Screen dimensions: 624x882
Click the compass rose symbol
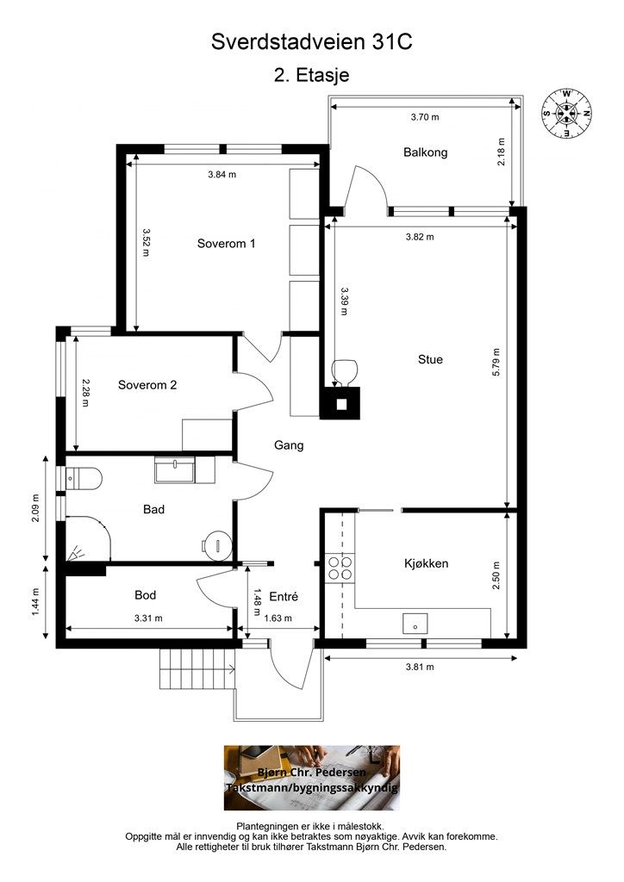point(566,113)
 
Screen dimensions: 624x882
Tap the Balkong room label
point(426,152)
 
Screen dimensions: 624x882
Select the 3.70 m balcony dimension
point(425,117)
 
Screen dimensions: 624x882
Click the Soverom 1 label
point(226,244)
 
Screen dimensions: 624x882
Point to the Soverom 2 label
point(147,385)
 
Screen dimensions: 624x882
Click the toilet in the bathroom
point(84,479)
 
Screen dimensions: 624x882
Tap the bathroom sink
point(175,470)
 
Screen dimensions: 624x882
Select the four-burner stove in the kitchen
point(340,568)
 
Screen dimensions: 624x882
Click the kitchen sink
point(415,624)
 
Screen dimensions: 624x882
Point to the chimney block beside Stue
point(340,403)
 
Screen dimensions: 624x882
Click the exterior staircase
point(197,668)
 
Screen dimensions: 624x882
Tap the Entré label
point(284,597)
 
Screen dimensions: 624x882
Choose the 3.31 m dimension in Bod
point(148,618)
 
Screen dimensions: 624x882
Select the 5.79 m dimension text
point(496,363)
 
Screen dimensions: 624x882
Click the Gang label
point(289,445)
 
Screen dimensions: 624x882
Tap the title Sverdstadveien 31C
point(312,42)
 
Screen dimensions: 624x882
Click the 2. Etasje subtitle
point(312,76)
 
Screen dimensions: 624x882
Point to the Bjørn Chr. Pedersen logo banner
point(312,778)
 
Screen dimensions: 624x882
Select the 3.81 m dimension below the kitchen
point(420,668)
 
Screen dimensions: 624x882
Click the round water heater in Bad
point(217,544)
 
